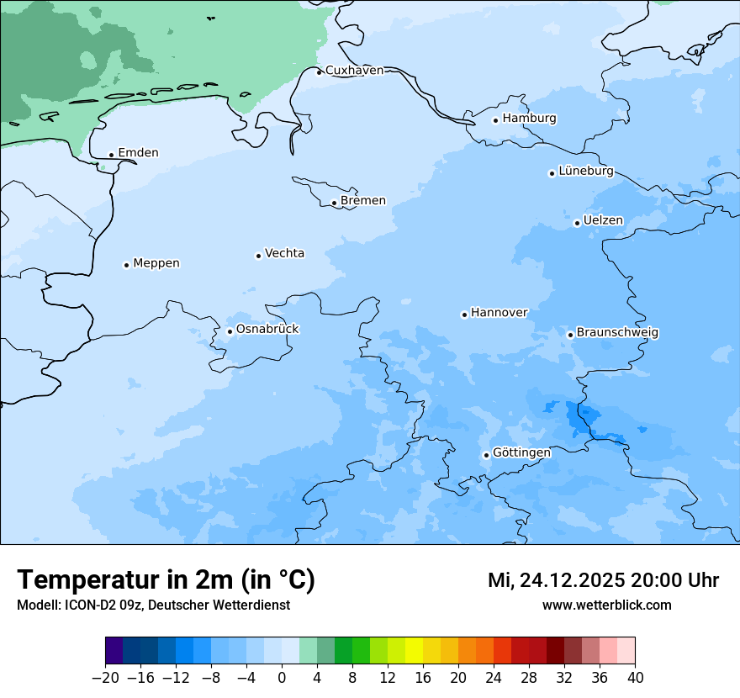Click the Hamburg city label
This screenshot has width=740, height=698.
[529, 119]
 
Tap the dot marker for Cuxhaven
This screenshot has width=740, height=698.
[319, 72]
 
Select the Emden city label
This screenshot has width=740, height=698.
[138, 153]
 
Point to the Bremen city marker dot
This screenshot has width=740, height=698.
[334, 203]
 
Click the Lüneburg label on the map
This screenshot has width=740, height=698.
[586, 172]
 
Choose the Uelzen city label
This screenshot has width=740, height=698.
[603, 221]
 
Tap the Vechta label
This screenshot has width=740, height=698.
[284, 254]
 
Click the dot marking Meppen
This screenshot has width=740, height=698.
[126, 265]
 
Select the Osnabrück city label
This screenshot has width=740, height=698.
[267, 330]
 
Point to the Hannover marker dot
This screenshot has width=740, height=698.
[464, 315]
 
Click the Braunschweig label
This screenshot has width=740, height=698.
[617, 333]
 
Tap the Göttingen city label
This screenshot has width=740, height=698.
[521, 453]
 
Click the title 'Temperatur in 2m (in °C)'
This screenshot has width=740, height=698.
[166, 580]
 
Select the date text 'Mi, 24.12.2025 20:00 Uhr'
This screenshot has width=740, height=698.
[603, 580]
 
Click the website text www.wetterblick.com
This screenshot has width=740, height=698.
[606, 605]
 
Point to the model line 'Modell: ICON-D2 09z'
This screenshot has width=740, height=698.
[82, 605]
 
